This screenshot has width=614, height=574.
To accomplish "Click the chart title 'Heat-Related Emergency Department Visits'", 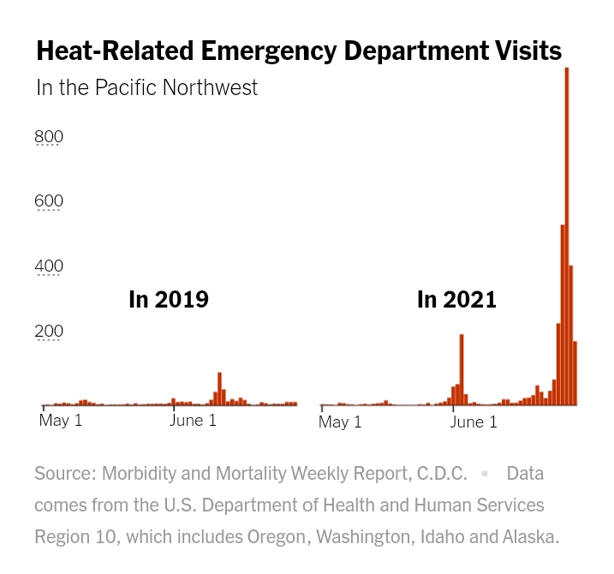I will point(299,51).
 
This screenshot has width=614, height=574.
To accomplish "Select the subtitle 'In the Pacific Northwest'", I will point(146,87).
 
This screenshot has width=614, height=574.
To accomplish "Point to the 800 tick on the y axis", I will point(49,136).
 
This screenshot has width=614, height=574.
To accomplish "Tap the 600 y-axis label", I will point(49,201).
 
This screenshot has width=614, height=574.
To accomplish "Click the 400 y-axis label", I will point(49,266).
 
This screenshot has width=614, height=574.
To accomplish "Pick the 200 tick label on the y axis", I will point(49,332).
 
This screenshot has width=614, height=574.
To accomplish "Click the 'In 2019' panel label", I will point(169,300).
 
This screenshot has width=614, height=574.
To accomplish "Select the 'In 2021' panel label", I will point(456,300).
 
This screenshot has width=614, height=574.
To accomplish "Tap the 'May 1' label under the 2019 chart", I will point(61,421).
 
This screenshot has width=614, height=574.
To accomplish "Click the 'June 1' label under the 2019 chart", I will point(193,421).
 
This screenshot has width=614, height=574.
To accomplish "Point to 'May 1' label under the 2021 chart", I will point(340,422).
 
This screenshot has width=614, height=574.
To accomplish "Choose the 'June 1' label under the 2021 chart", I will point(473,422).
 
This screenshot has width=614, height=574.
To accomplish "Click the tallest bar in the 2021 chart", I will point(567,236).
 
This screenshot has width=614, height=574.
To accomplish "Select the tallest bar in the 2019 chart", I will point(220,389).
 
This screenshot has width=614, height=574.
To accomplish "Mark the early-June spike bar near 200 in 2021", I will point(462,369).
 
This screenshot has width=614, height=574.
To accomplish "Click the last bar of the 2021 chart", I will point(575,374).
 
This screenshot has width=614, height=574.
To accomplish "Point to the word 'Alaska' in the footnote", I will point(528,537).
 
